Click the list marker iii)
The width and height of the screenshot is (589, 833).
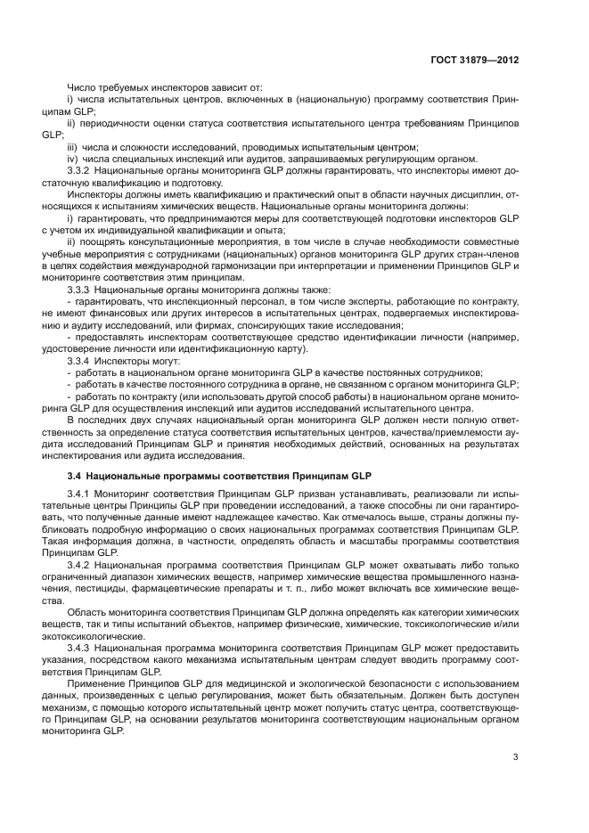pos(73,146)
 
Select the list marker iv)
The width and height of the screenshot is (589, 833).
pos(73,158)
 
